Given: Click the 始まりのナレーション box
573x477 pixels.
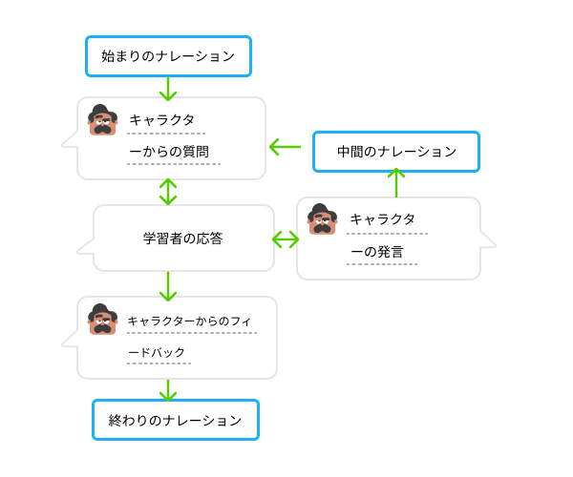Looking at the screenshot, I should tap(168, 56).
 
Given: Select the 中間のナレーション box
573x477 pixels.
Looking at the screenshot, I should tap(396, 152).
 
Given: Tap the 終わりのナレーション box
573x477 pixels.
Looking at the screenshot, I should tap(176, 420).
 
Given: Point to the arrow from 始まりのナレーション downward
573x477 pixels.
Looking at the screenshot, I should tap(168, 88).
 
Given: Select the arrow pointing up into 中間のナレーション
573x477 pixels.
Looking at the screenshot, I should tap(396, 182).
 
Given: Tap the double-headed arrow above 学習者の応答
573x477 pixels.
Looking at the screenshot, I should tap(168, 192).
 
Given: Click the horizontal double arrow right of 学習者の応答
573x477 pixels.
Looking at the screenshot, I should tap(286, 238).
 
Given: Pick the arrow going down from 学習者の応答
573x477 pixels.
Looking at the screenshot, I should tap(168, 285).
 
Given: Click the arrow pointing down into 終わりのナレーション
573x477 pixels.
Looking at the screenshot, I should tap(168, 389).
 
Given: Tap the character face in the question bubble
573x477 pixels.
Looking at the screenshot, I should tap(103, 120).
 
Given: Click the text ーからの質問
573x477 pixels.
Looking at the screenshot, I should tap(168, 152).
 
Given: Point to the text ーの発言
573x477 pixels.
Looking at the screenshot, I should tap(376, 253).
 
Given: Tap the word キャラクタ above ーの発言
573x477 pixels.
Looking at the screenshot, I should tap(382, 219).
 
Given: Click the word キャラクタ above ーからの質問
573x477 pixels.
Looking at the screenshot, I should tap(161, 120).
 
